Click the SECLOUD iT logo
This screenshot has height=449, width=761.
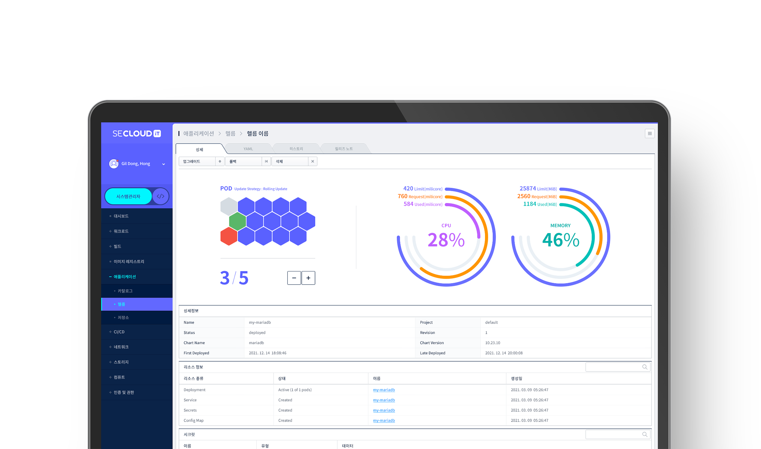click(x=136, y=133)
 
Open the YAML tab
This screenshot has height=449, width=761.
click(x=248, y=149)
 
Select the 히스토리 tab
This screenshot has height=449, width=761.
click(x=296, y=149)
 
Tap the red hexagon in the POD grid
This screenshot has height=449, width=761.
click(x=229, y=236)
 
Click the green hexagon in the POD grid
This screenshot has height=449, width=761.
click(x=237, y=221)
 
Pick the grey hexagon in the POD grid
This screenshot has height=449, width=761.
click(x=229, y=206)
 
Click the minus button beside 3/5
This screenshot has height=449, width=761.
click(x=294, y=278)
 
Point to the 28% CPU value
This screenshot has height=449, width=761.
click(x=446, y=240)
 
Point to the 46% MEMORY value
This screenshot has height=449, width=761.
click(x=560, y=240)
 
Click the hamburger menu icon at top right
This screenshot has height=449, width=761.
click(x=650, y=134)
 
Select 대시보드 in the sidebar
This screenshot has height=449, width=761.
click(x=121, y=216)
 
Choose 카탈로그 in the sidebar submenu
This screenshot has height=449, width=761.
click(x=125, y=291)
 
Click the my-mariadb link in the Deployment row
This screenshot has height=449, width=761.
click(x=384, y=390)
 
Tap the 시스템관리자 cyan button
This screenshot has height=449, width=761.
click(x=128, y=196)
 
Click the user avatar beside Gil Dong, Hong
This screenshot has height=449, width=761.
click(x=113, y=164)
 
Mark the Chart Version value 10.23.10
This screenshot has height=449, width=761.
click(x=493, y=343)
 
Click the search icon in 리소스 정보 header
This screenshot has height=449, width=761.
click(x=644, y=367)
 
